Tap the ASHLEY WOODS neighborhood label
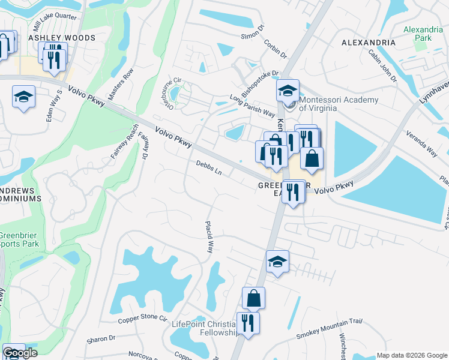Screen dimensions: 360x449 62,38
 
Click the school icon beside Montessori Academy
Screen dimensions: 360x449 288,91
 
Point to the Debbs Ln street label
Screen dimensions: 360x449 209,167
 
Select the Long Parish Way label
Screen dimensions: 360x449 252,106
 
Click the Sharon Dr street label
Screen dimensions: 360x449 100,339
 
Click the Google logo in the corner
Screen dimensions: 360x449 19,353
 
